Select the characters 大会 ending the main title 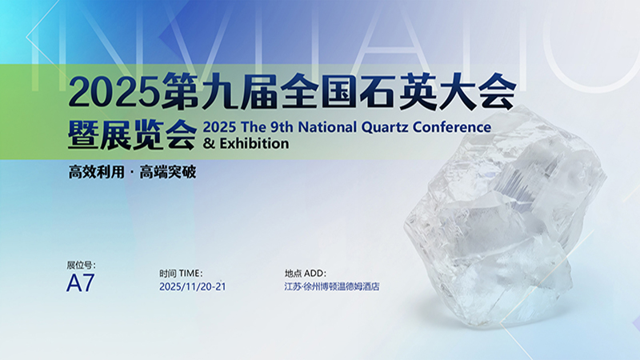[476, 93]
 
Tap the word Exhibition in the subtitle [253, 145]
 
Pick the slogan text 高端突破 [168, 172]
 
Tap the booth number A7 [80, 284]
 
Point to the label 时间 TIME [182, 273]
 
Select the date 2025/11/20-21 [192, 286]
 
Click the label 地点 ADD [306, 273]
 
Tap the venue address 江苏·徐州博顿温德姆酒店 [332, 286]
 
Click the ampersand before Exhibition [210, 145]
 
